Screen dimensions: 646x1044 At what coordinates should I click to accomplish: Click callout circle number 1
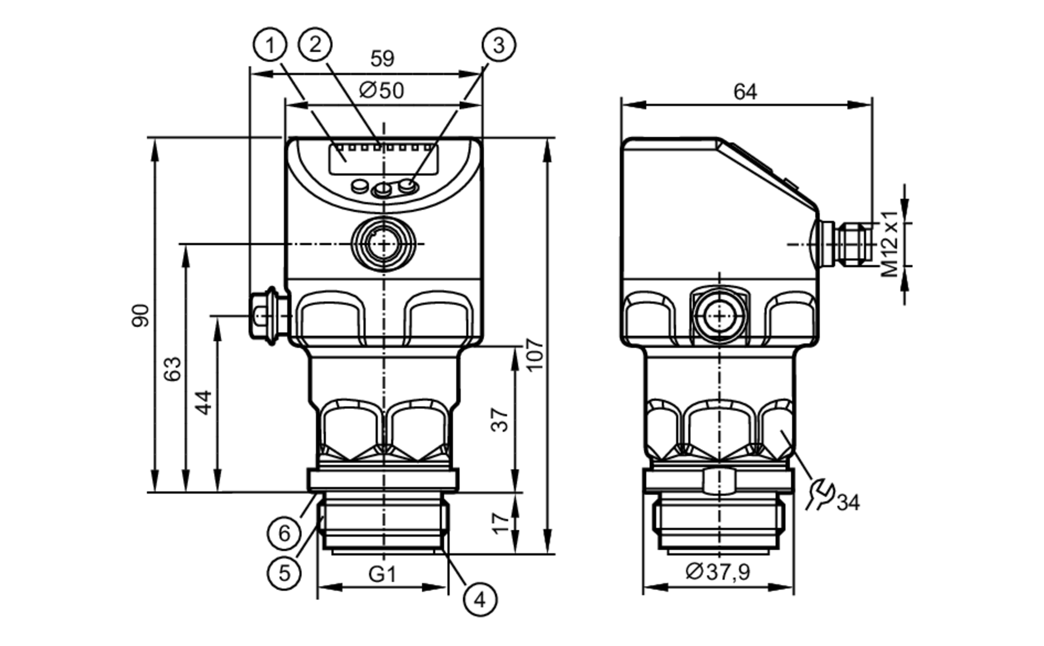(270, 45)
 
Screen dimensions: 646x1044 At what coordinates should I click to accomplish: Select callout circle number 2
(315, 44)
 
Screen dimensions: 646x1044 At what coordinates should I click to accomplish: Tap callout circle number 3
(499, 45)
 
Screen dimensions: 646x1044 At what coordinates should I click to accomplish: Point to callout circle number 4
(480, 599)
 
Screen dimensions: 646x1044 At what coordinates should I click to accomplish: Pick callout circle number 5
(284, 573)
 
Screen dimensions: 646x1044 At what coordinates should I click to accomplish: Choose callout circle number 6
(284, 533)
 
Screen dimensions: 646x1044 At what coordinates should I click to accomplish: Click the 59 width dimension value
(382, 58)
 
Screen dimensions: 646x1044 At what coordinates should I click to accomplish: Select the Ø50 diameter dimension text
(382, 90)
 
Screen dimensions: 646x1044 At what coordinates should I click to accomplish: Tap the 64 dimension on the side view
(745, 92)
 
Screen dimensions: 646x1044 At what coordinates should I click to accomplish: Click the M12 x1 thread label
(889, 244)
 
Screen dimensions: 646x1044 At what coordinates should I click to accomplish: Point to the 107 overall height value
(535, 354)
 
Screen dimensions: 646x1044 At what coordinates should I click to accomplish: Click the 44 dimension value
(204, 402)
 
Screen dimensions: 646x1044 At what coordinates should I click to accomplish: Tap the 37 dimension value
(500, 420)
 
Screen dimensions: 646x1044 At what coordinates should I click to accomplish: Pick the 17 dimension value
(500, 523)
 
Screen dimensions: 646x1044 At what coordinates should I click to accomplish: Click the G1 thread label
(382, 574)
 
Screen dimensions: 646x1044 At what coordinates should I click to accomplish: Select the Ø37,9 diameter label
(718, 572)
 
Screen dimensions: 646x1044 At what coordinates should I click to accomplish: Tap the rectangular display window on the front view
(383, 159)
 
